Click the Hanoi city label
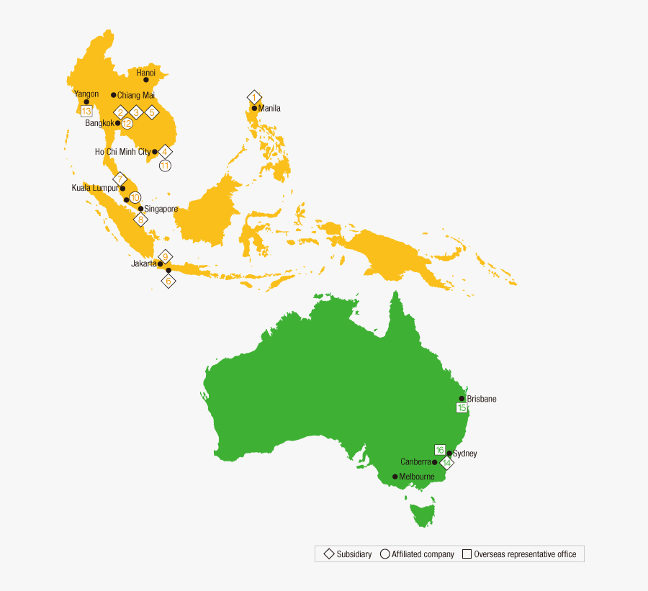146,73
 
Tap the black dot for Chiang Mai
114,95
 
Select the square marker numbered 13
86,112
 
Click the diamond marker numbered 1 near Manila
254,97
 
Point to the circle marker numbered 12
127,123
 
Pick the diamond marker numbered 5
152,112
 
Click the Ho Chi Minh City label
123,152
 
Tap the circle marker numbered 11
165,166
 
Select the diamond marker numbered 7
120,179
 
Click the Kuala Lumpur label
95,188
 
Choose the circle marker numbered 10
135,197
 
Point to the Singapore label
161,209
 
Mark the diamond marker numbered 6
168,281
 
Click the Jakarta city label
144,263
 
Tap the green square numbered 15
462,408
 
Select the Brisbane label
482,399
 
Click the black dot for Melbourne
395,477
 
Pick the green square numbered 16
439,450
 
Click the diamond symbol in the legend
329,554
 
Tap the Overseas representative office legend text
525,554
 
